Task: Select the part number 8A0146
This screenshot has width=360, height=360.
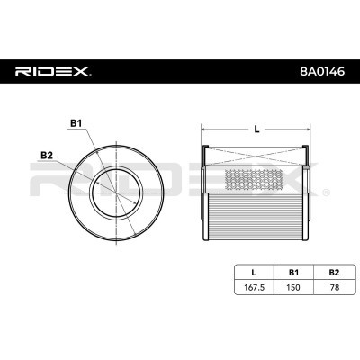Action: click(323, 72)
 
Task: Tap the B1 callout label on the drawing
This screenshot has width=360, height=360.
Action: click(76, 123)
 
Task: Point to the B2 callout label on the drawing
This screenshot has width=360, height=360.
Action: click(47, 155)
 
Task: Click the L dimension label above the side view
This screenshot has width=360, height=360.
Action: click(256, 130)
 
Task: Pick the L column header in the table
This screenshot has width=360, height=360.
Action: click(254, 273)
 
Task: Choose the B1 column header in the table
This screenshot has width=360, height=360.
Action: click(293, 273)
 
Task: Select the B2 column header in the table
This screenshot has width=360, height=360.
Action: click(334, 273)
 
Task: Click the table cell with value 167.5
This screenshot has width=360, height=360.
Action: click(254, 287)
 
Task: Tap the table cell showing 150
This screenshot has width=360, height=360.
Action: click(293, 287)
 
